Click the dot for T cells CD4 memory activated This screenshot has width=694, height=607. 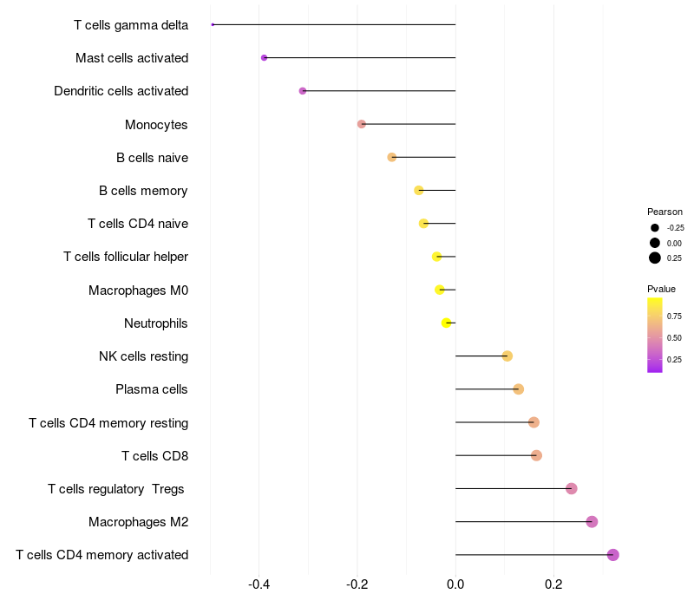(613, 555)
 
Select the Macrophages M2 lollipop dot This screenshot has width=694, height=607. (592, 521)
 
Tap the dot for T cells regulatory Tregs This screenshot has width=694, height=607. (571, 488)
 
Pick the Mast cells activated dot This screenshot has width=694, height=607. (264, 58)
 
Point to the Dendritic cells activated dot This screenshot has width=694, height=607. (303, 91)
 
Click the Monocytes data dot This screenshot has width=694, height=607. (362, 124)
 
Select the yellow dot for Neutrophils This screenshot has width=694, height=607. (447, 323)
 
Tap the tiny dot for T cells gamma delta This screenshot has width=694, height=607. (213, 24)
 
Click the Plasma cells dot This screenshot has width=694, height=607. (519, 389)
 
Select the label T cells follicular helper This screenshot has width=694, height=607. (126, 257)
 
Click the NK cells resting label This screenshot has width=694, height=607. (144, 356)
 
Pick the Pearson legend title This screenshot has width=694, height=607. (665, 212)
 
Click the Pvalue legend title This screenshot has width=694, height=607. (661, 289)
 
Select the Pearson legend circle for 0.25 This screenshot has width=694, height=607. (655, 258)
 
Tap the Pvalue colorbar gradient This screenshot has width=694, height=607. (655, 335)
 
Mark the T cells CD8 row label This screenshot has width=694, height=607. (154, 455)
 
